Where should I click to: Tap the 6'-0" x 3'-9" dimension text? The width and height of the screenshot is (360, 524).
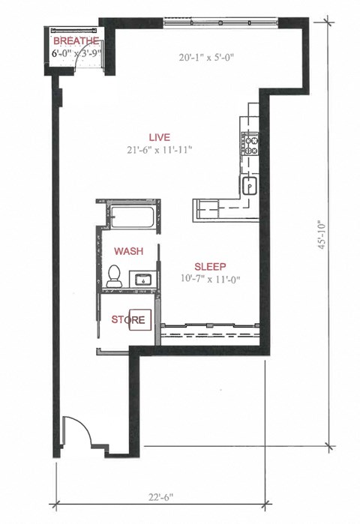pos(76,54)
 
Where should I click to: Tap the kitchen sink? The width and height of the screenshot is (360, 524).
pos(249,184)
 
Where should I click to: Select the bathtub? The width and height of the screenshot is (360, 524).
pos(130,216)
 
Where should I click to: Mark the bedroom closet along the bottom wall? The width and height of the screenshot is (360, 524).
pos(209,328)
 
